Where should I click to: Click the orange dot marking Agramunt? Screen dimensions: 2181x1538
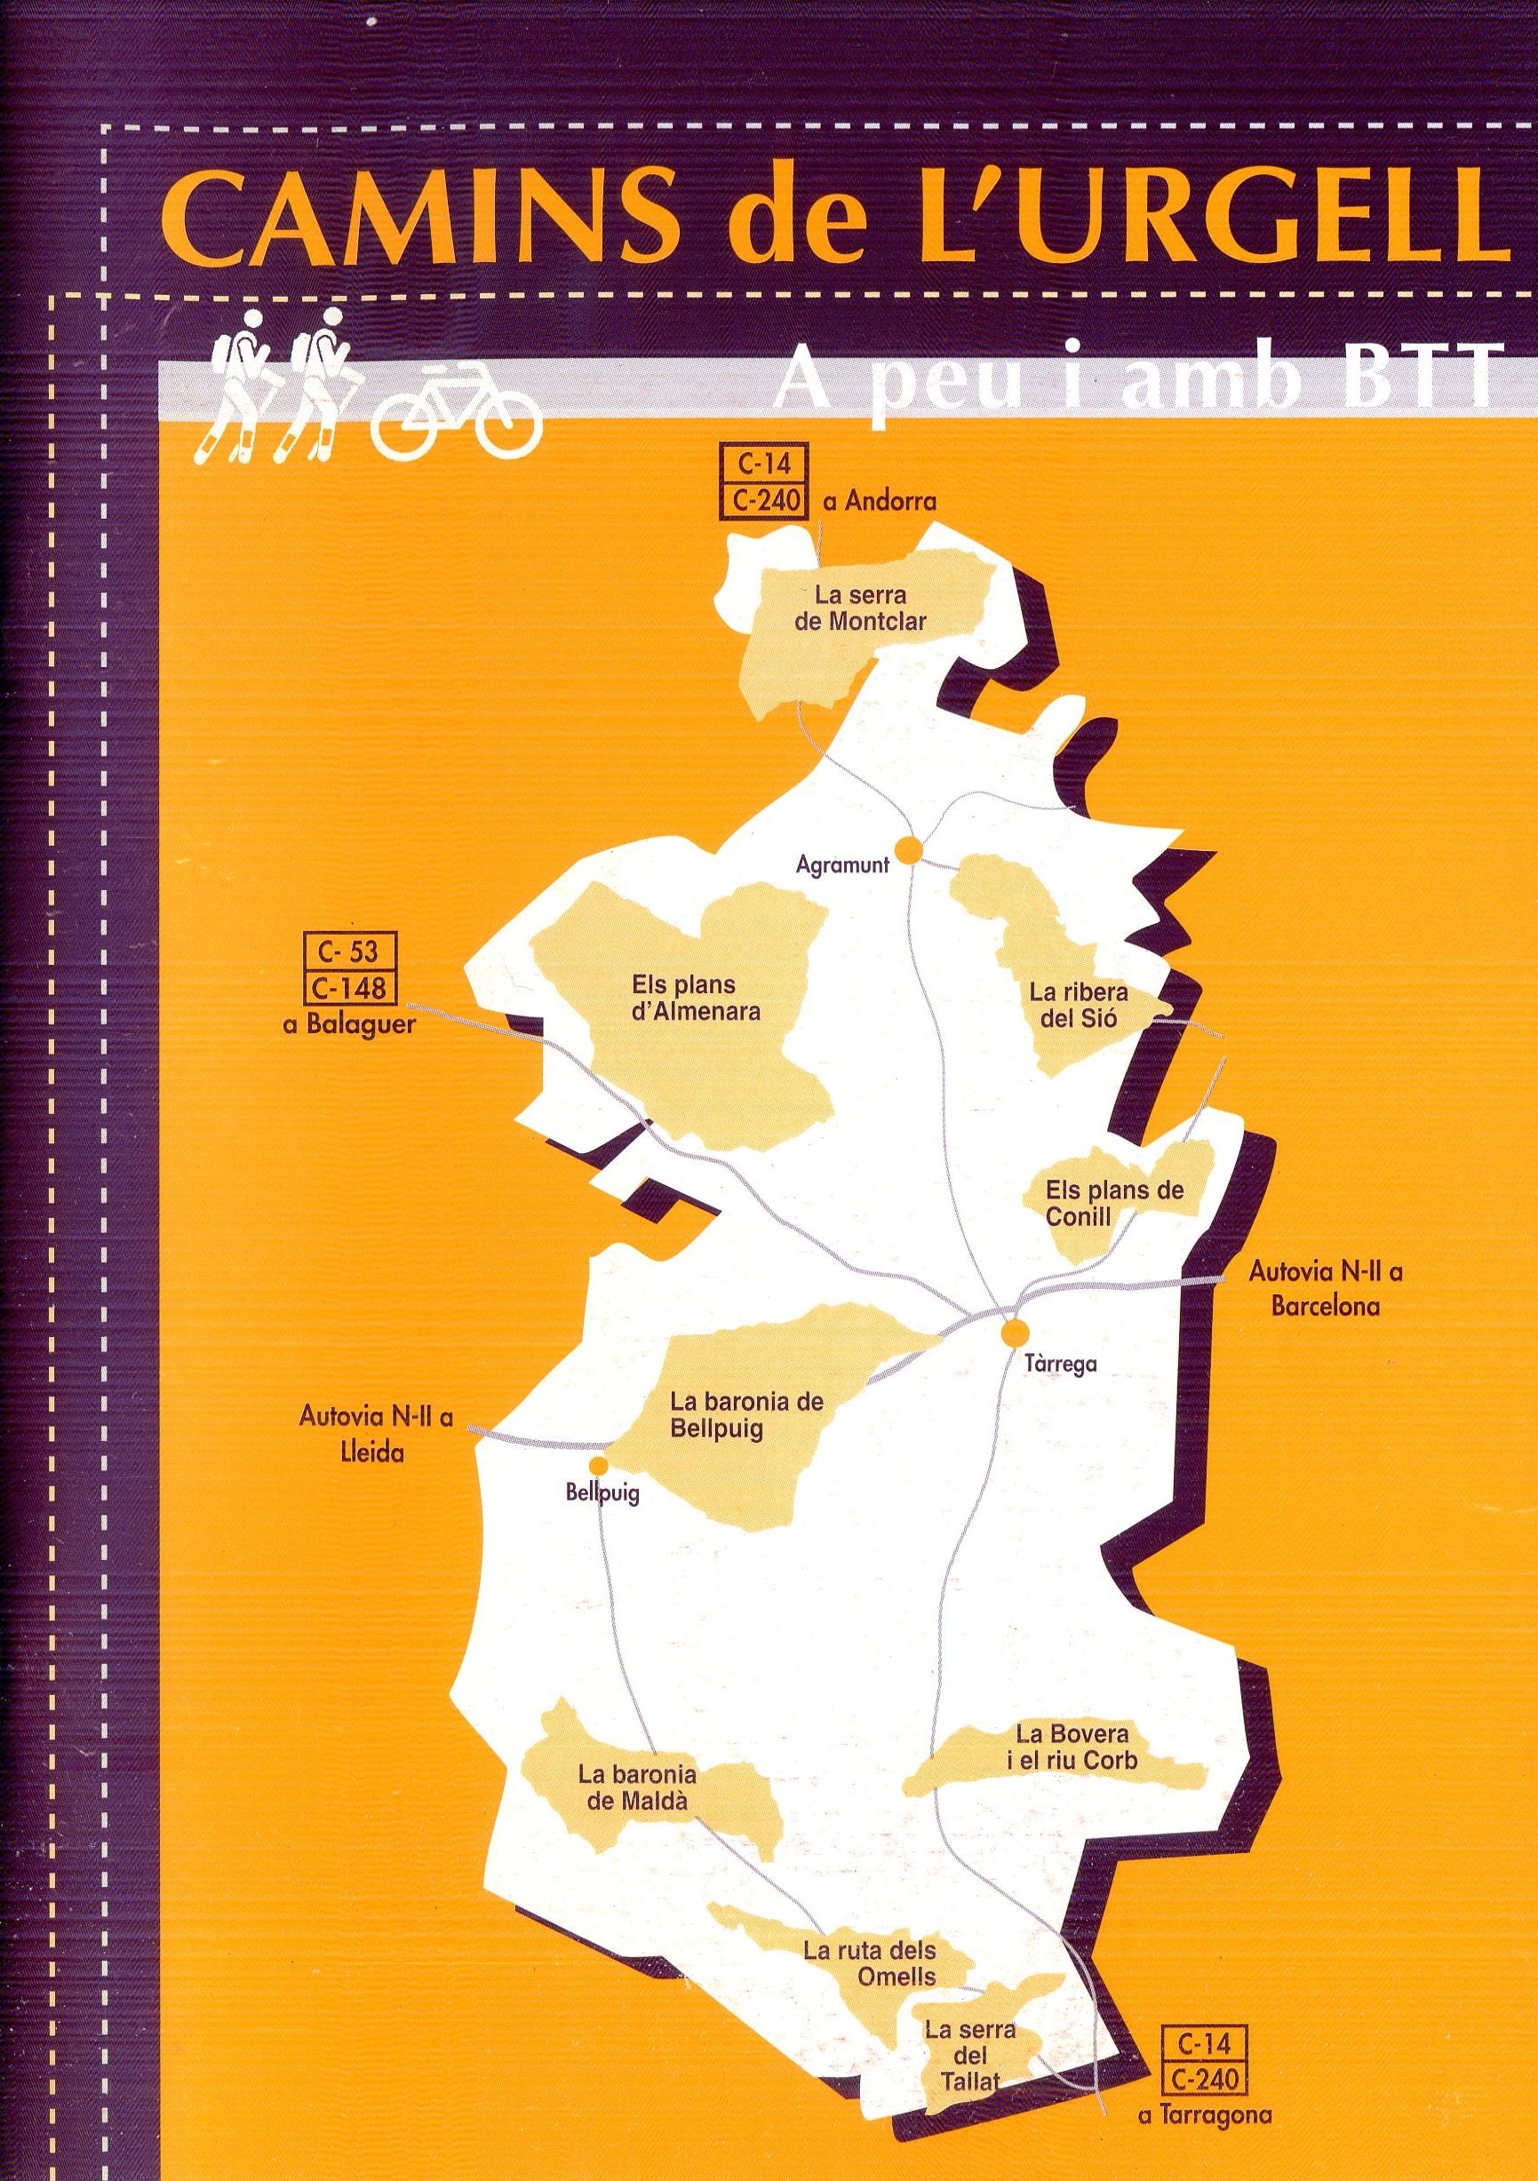click(x=909, y=851)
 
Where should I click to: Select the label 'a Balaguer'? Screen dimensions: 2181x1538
click(x=348, y=1026)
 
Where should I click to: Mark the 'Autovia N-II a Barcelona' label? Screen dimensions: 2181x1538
click(x=1326, y=1289)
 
